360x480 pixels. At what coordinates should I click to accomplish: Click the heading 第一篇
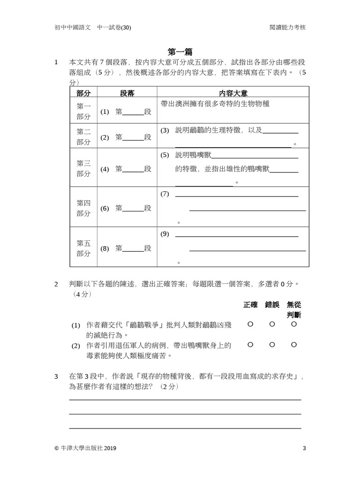click(180, 52)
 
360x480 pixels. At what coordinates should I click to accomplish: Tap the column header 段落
click(127, 93)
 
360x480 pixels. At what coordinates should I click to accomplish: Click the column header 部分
click(83, 93)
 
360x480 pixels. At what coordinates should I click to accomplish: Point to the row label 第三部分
click(83, 168)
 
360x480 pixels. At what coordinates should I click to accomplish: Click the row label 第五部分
click(83, 248)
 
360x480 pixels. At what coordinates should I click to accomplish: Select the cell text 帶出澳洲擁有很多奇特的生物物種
click(215, 104)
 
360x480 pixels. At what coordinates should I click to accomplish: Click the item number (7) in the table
click(165, 194)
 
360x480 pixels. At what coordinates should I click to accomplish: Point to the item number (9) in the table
click(165, 234)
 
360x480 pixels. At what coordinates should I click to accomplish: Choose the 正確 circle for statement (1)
click(250, 324)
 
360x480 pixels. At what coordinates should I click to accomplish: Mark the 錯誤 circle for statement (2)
click(272, 345)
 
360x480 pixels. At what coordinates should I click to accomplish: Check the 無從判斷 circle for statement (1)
click(294, 324)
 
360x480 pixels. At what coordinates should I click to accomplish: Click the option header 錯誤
click(272, 304)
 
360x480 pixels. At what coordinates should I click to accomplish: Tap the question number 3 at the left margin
click(56, 376)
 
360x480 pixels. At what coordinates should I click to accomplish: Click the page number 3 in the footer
click(304, 448)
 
